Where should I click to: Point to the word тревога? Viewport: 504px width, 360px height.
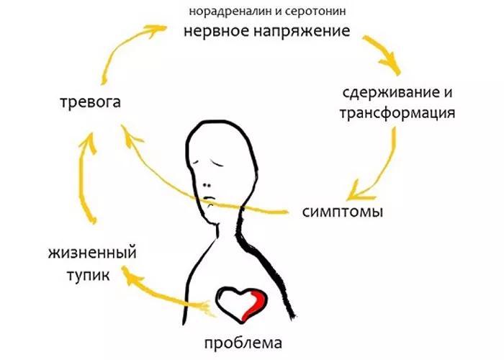coord(89,102)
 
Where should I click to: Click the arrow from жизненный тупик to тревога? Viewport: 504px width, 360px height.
coord(86,180)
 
